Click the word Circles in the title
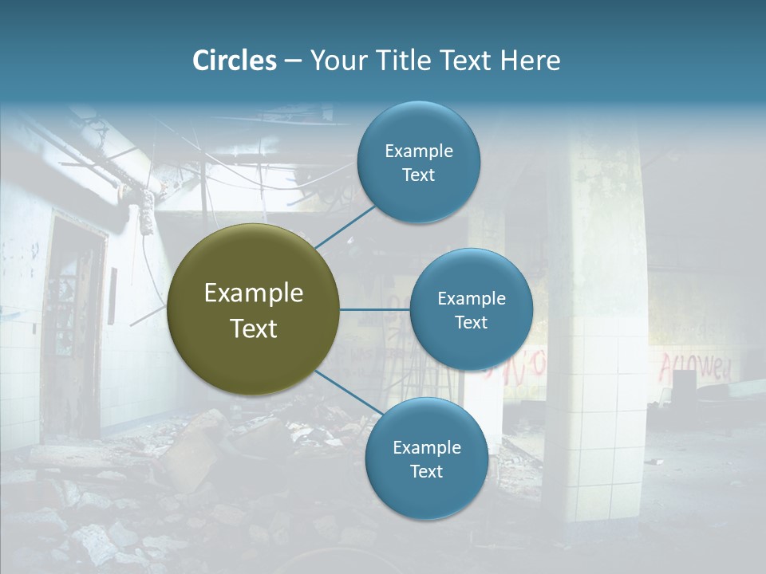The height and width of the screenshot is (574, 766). point(235,61)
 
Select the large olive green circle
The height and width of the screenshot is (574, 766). point(254,309)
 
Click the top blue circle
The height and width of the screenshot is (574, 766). point(418,163)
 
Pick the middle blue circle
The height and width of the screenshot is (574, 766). point(471,309)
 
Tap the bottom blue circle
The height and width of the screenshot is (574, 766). point(426,458)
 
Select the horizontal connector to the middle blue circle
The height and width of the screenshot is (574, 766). point(375,309)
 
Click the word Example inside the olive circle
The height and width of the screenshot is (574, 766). point(254,293)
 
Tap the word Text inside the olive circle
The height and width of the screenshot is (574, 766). point(254,328)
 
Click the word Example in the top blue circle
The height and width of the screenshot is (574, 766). point(418,151)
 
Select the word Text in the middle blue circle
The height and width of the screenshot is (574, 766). point(471,322)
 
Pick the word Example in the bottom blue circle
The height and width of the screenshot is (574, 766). point(426,447)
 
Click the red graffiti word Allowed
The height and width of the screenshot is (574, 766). point(694,368)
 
